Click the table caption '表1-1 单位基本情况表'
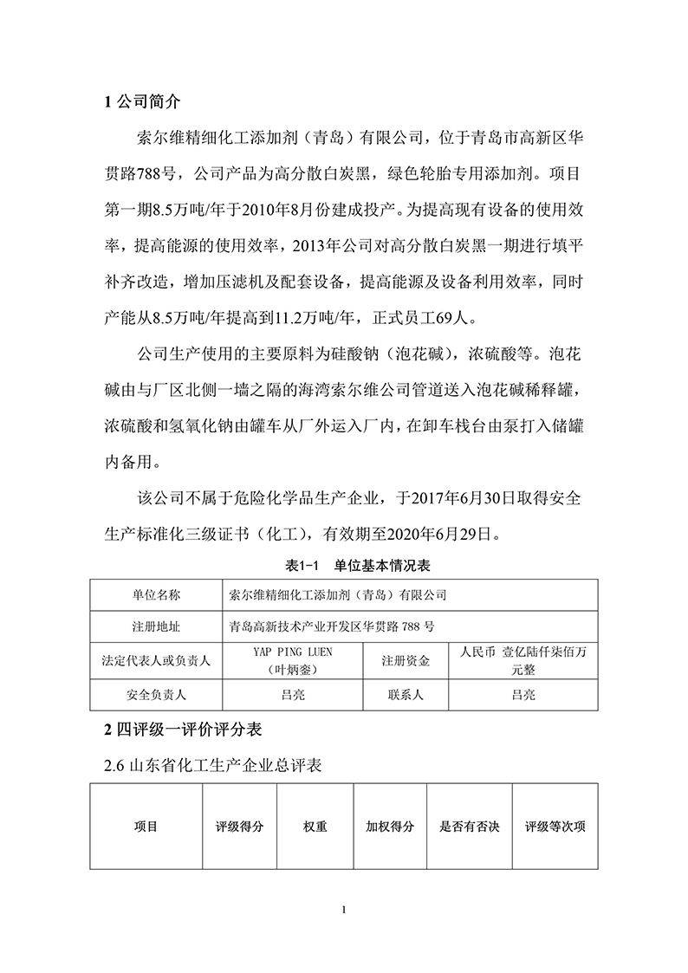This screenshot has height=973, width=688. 344,566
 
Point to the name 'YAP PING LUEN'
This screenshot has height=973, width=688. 292,652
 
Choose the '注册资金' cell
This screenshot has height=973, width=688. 405,661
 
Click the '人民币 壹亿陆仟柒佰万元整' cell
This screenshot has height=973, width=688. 523,661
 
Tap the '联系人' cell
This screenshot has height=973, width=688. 405,694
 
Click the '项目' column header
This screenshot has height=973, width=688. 146,827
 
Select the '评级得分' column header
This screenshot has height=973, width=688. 240,827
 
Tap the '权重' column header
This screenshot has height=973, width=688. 315,827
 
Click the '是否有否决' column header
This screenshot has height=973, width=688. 470,827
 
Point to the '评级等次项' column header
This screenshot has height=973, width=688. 555,827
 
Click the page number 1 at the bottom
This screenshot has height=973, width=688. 344,910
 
